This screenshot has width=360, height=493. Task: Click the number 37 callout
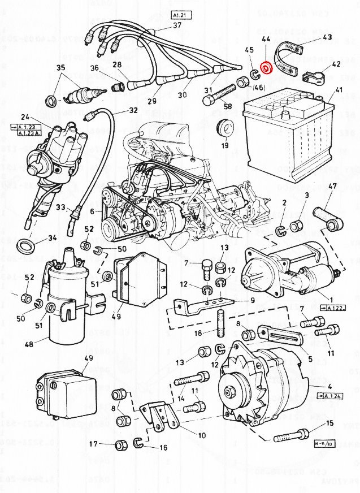(177, 25)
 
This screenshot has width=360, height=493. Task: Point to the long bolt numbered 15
(291, 435)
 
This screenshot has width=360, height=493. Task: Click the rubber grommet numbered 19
(227, 129)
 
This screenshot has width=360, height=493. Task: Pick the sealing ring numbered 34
(25, 247)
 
